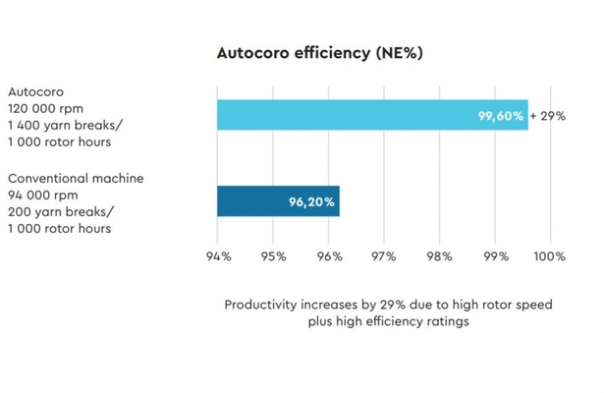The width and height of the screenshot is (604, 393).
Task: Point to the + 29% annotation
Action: pos(548,116)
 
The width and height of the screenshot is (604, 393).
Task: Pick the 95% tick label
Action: pos(273,256)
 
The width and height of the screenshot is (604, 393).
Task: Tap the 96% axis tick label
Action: pos(329,256)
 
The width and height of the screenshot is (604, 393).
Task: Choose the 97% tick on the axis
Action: pos(384,256)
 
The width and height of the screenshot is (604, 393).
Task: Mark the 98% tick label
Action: pos(440,256)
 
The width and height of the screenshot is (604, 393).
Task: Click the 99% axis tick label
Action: pos(495,256)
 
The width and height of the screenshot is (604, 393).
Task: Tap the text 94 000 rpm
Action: pos(40,196)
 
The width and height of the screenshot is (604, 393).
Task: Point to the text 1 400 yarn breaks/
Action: pos(58,126)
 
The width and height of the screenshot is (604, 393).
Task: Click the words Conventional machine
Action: pos(76,179)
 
